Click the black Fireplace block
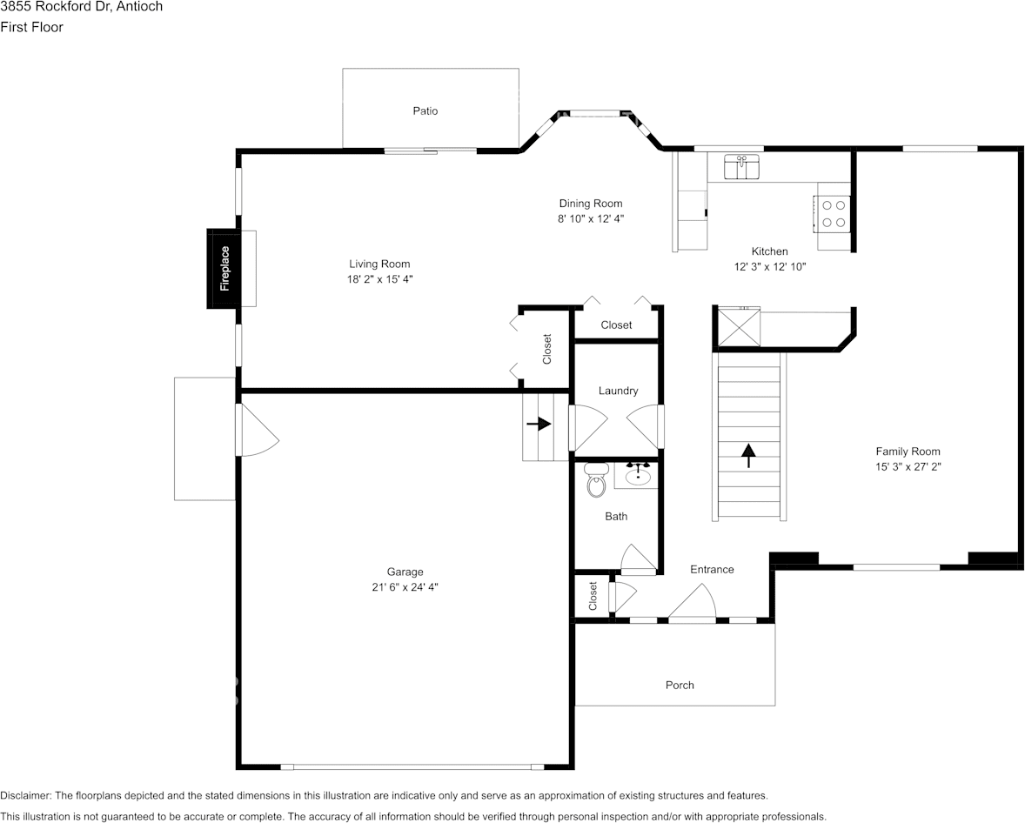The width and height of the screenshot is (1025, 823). click(223, 268)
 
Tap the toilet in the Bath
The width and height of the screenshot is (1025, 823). click(596, 480)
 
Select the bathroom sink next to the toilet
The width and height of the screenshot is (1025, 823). click(638, 475)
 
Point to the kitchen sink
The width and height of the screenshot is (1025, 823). click(741, 167)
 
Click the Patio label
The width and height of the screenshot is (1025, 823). click(425, 111)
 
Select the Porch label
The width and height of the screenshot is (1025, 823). click(680, 686)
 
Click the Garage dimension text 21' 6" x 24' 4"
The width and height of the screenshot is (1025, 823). click(405, 587)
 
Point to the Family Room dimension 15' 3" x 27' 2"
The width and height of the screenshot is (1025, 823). click(908, 466)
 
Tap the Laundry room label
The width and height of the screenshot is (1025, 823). click(618, 391)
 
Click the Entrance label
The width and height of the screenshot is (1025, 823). click(712, 570)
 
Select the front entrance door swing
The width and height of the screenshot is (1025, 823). click(693, 603)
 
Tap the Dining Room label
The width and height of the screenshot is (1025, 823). click(591, 204)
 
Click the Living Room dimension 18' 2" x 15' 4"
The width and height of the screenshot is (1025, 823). click(379, 279)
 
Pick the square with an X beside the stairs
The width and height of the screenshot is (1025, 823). click(738, 328)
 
